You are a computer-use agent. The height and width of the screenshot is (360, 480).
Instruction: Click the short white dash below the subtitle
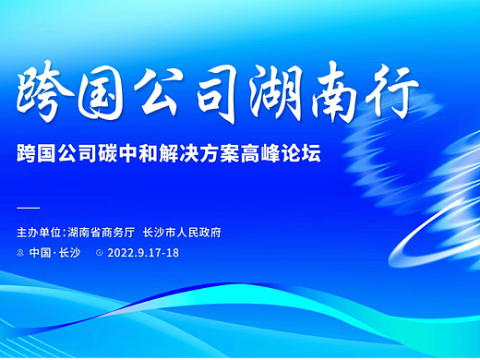tap(29, 206)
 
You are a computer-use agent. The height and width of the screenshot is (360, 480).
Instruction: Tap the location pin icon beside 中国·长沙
tap(21, 252)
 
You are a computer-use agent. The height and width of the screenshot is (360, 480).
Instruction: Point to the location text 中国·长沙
tap(54, 252)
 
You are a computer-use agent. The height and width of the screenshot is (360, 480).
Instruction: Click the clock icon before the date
tap(99, 252)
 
